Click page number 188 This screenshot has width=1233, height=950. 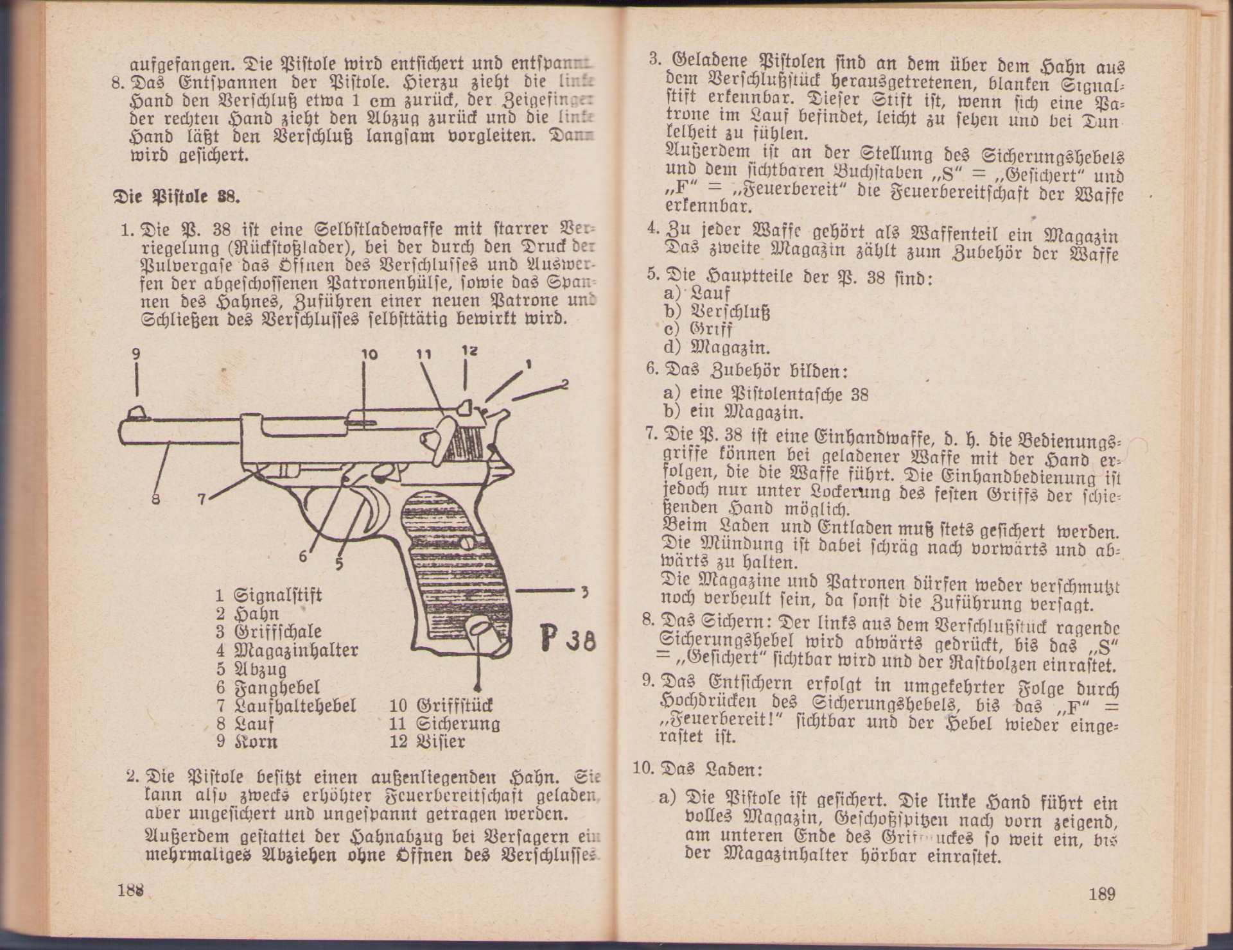coord(131,891)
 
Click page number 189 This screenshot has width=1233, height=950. coord(1102,894)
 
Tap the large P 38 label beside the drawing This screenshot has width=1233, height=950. coord(568,638)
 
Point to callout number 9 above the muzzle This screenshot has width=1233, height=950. coord(136,353)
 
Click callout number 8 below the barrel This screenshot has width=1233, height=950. coord(155,499)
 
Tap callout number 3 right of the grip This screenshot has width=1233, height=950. coord(584,592)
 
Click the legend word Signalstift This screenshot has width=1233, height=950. coord(278,595)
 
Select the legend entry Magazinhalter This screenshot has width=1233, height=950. coord(295,650)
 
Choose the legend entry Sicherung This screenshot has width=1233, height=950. coord(457,724)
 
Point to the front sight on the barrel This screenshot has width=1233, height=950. coord(135,411)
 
